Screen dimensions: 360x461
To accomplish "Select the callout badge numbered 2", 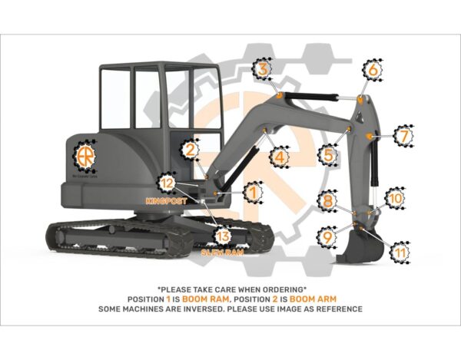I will click(x=190, y=150).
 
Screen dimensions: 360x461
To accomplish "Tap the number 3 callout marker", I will click(x=263, y=70).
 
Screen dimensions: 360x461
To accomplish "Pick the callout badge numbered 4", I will click(x=280, y=157).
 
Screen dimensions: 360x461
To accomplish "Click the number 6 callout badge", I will click(x=373, y=70).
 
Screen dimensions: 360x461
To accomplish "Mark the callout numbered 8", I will click(x=328, y=201).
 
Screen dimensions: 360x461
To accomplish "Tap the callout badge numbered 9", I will click(x=328, y=237).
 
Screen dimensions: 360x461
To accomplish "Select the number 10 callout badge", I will click(x=395, y=197).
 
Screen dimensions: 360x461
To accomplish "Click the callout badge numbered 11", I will click(x=400, y=251).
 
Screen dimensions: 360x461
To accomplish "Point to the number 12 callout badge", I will click(x=167, y=183).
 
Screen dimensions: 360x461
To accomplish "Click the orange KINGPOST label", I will click(x=167, y=200).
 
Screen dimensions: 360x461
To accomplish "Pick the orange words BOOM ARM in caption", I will click(x=315, y=298).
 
